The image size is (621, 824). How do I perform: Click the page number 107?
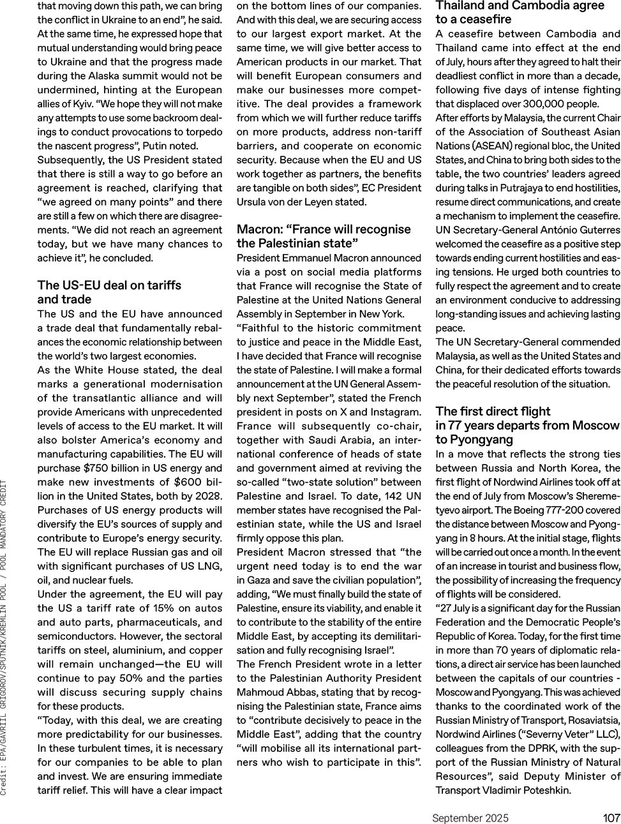coord(611,818)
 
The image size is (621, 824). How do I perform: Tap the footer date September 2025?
coord(470,818)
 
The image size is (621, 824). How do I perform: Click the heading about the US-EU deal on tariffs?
coord(109,292)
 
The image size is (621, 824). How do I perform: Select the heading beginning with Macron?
coord(324,236)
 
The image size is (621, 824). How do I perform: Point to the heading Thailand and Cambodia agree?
coord(520,12)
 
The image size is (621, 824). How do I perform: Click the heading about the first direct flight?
coord(527,425)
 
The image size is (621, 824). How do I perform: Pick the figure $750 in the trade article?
coord(96,468)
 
